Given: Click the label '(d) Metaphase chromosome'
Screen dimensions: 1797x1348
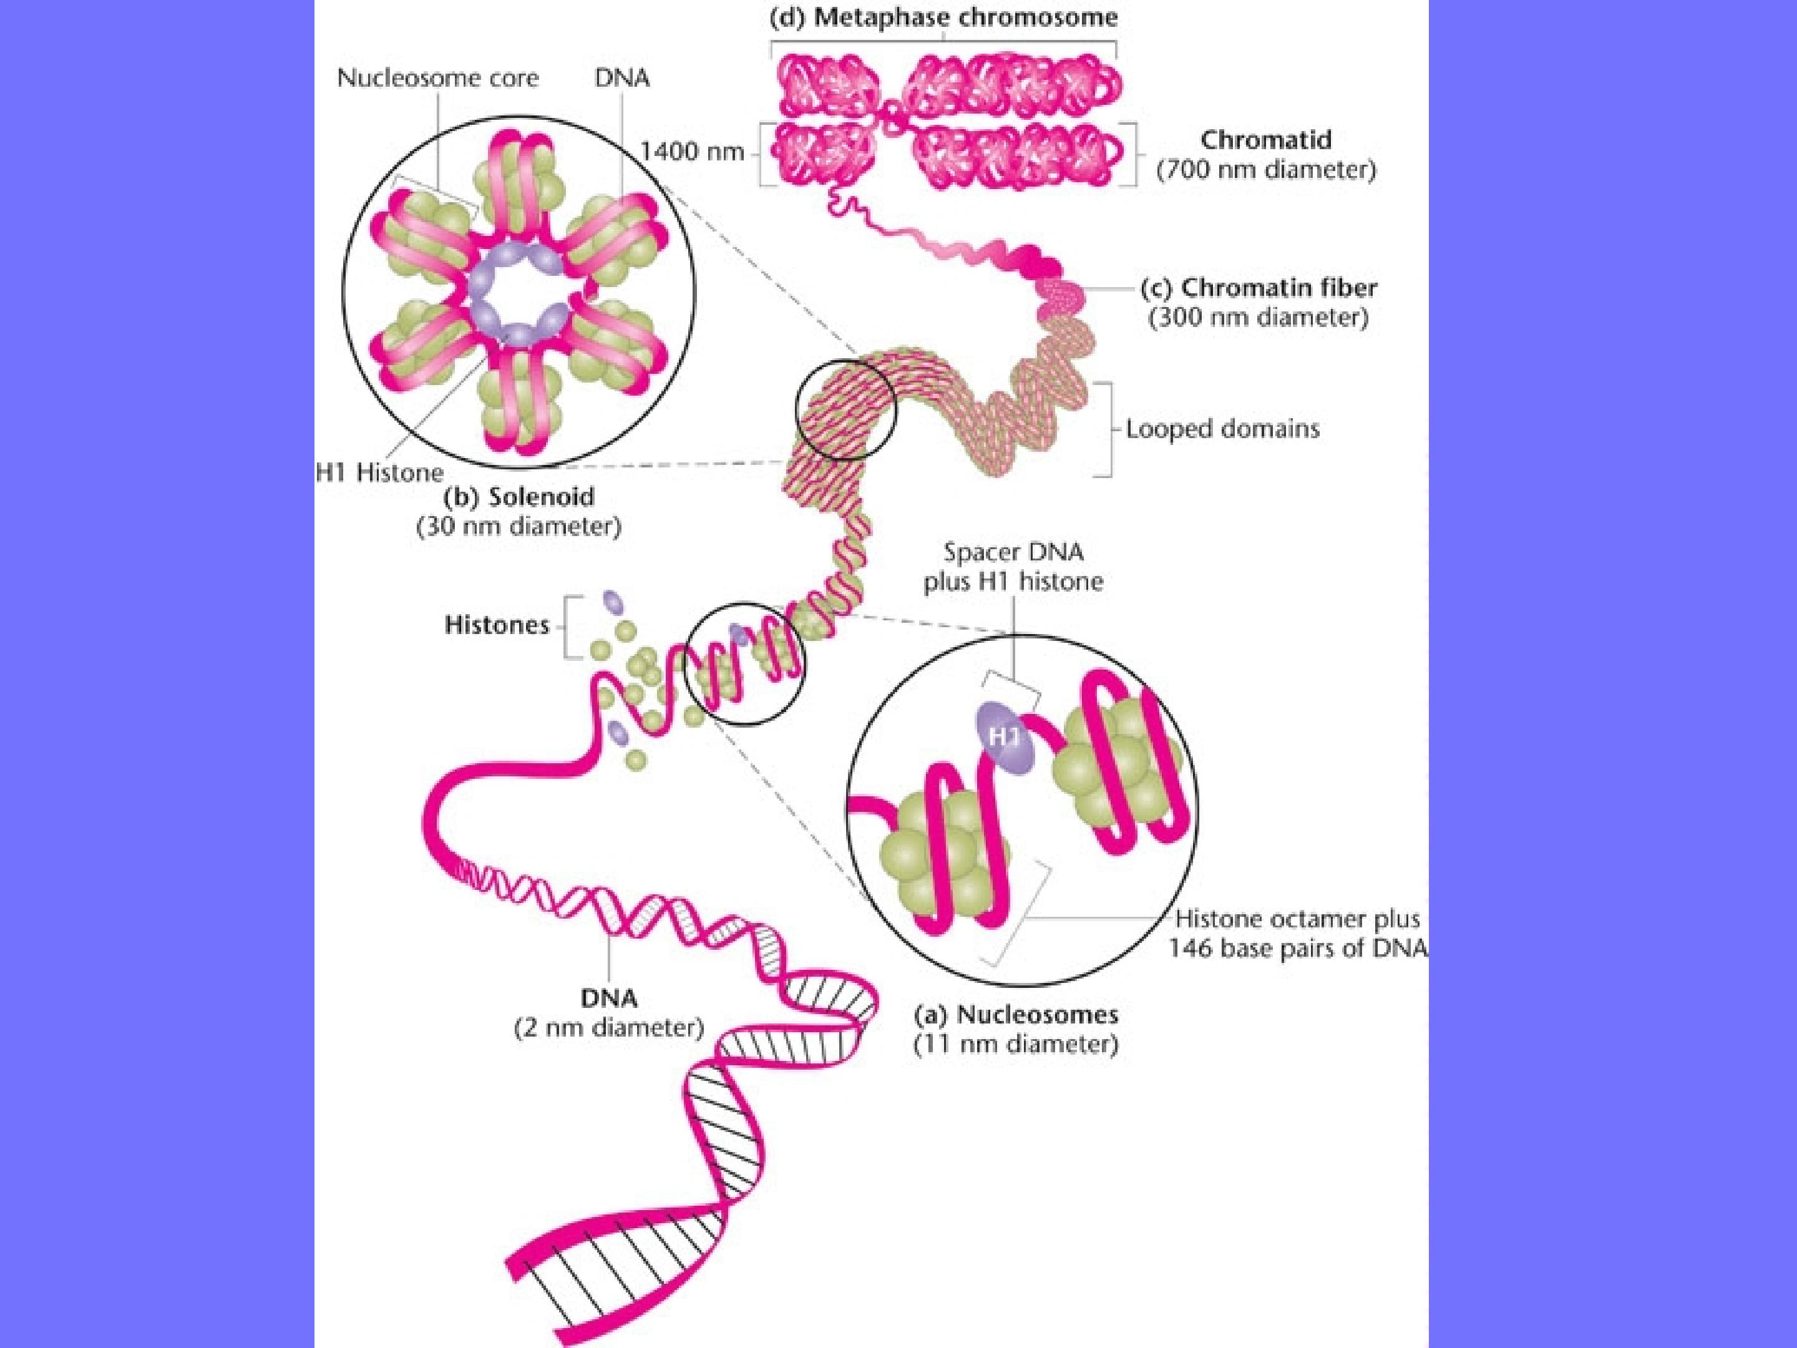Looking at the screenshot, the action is pyautogui.click(x=943, y=17).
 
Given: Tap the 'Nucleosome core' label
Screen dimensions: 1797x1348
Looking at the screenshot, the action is pyautogui.click(x=438, y=78).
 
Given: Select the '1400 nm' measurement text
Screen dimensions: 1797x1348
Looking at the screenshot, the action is pyautogui.click(x=692, y=152).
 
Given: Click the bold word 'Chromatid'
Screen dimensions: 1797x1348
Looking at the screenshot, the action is pyautogui.click(x=1265, y=140).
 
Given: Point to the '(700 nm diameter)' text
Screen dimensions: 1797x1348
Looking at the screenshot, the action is pyautogui.click(x=1265, y=170).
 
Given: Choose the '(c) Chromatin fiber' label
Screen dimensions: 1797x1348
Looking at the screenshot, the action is pyautogui.click(x=1259, y=288).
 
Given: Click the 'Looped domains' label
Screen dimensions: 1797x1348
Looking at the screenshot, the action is pyautogui.click(x=1222, y=429).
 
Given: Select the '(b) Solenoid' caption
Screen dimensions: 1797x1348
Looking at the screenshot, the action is pyautogui.click(x=519, y=497).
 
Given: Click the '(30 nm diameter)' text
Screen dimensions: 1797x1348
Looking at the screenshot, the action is pyautogui.click(x=519, y=527).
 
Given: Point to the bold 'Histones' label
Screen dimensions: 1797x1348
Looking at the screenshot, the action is pyautogui.click(x=497, y=625).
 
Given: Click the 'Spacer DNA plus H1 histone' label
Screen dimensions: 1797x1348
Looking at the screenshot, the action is pyautogui.click(x=1013, y=567).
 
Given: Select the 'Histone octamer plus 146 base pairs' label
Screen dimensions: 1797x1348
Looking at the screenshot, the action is pyautogui.click(x=1297, y=934).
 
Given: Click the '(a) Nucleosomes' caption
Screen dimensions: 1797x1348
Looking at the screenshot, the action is pyautogui.click(x=1016, y=1015).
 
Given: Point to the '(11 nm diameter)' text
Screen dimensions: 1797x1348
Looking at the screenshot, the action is pyautogui.click(x=1016, y=1044).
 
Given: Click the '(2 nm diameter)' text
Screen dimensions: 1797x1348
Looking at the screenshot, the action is pyautogui.click(x=609, y=1028).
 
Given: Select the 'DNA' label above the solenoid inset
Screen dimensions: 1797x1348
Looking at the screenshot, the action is pyautogui.click(x=622, y=78).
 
